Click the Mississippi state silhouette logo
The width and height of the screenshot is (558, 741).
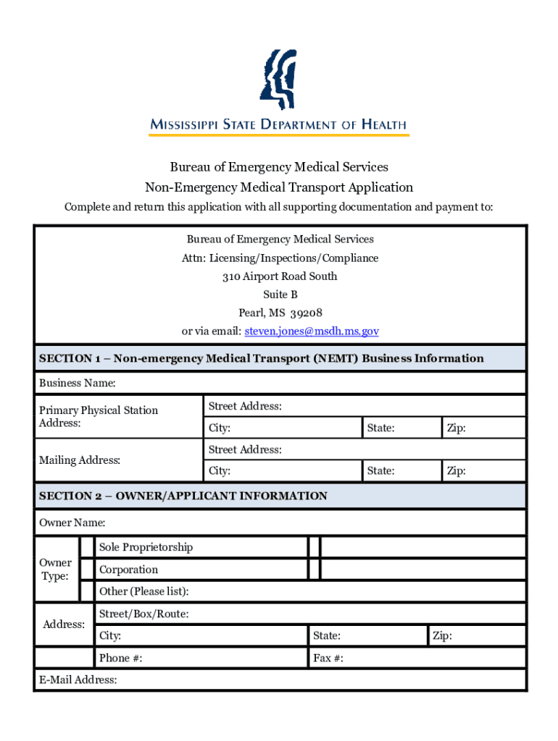279,78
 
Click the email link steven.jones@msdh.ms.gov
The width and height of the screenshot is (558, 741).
312,331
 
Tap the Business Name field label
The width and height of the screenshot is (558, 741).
78,383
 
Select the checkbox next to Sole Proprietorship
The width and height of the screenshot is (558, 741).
87,547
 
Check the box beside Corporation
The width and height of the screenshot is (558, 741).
87,569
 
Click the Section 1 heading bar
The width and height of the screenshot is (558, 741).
280,358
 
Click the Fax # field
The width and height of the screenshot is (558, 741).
417,658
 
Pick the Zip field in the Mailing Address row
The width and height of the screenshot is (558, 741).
483,471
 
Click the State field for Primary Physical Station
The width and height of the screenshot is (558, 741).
401,428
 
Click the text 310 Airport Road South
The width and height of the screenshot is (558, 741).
280,276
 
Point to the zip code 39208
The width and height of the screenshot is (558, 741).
306,313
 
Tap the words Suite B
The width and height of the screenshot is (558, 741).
280,295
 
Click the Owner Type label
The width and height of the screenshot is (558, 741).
56,569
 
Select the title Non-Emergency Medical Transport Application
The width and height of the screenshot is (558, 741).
279,187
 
